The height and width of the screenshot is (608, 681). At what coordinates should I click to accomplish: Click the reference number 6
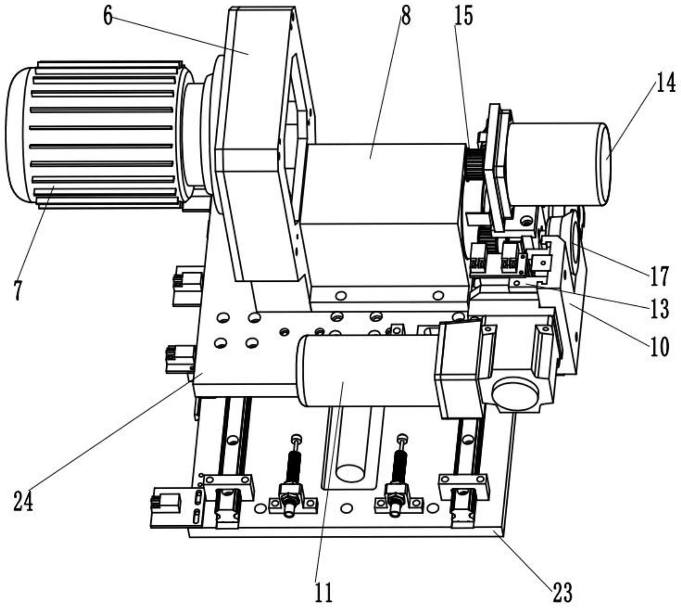[108, 17]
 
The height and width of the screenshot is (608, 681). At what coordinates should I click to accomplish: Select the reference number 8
[406, 17]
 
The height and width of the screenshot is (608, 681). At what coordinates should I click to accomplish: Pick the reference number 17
[659, 276]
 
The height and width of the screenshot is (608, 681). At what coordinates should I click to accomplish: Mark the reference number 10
[659, 347]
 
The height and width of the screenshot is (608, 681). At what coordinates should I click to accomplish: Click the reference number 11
[324, 592]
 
